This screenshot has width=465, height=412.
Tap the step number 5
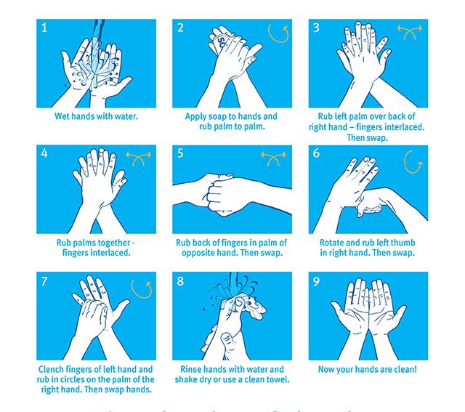coord(181,154)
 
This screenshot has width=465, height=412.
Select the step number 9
coord(316,281)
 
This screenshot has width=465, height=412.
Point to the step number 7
coord(44,281)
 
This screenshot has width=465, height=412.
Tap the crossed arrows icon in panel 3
coord(408,31)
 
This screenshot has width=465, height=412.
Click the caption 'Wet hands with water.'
coord(96,116)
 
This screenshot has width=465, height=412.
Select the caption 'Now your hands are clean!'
coord(368,369)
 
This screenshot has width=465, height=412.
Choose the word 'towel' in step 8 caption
coord(277,379)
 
